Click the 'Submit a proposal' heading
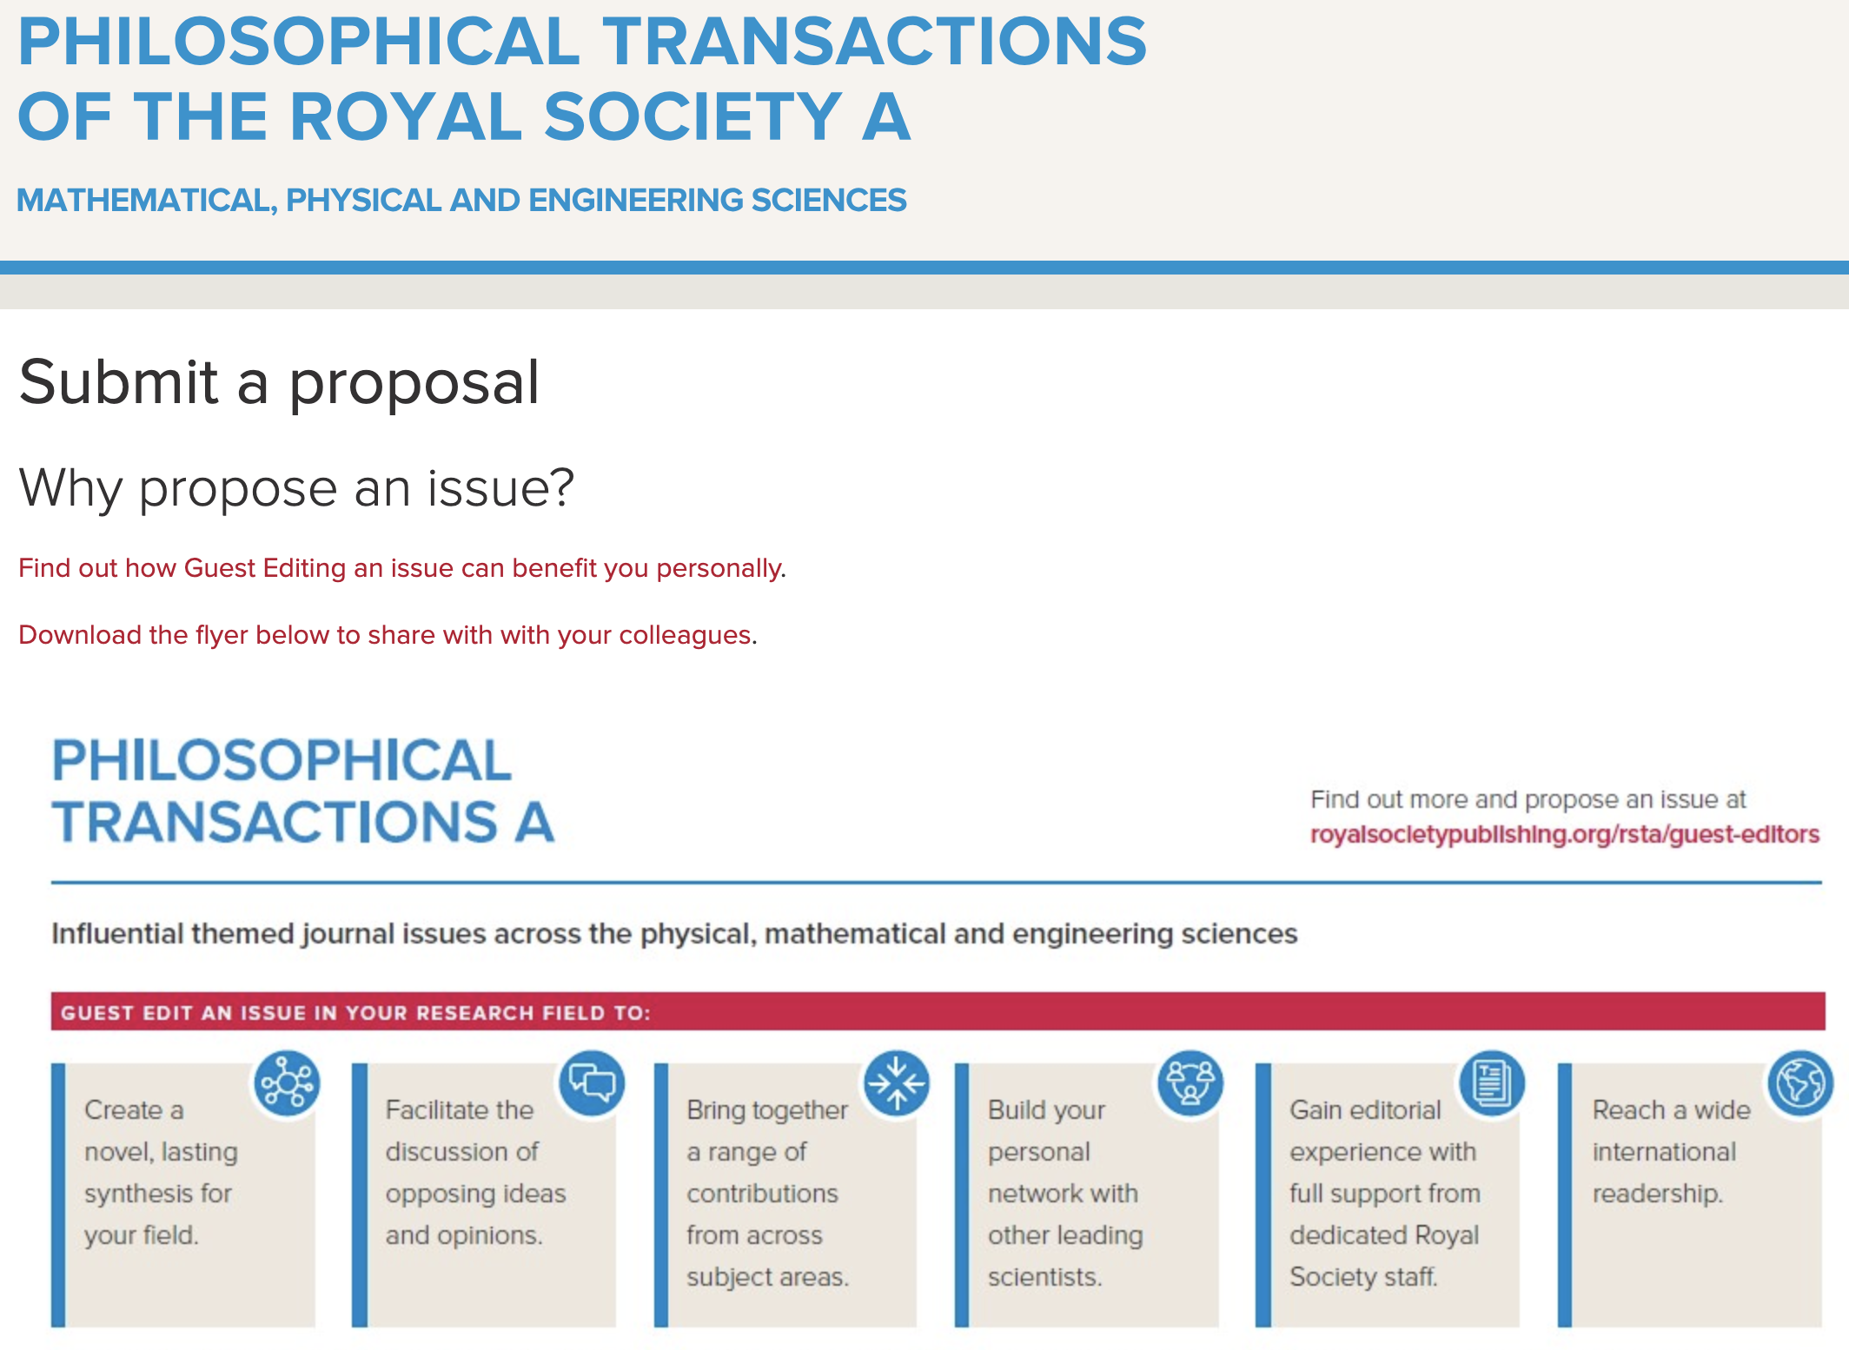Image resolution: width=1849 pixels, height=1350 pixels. point(279,383)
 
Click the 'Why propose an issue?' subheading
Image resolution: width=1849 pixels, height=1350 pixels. point(296,488)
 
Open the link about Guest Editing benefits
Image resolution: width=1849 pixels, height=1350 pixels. point(401,568)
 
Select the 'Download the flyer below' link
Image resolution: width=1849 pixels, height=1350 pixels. point(387,635)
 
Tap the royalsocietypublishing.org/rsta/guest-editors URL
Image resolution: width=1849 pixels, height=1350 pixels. point(1564,834)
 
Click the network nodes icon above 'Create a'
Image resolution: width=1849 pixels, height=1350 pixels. point(287,1083)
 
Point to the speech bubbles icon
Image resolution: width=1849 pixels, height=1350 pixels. point(593,1083)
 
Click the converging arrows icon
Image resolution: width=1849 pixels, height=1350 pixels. point(896,1083)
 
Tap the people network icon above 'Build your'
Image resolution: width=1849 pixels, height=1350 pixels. point(1190,1083)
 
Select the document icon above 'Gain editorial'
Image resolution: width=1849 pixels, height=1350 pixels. point(1492,1083)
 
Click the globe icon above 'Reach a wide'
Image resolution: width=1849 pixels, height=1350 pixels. point(1800,1083)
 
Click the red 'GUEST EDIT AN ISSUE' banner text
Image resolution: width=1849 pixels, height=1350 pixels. point(355,1013)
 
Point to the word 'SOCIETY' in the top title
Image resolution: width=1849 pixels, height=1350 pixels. point(693,116)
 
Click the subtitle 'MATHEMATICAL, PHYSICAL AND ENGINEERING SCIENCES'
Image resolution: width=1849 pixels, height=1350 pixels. point(461,201)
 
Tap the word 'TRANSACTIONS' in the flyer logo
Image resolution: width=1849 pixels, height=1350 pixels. point(275,822)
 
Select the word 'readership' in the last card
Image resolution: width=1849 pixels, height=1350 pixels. point(1656,1194)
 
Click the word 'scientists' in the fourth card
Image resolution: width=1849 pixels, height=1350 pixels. point(1044,1278)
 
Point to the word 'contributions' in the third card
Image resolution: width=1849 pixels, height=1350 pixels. point(762,1194)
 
